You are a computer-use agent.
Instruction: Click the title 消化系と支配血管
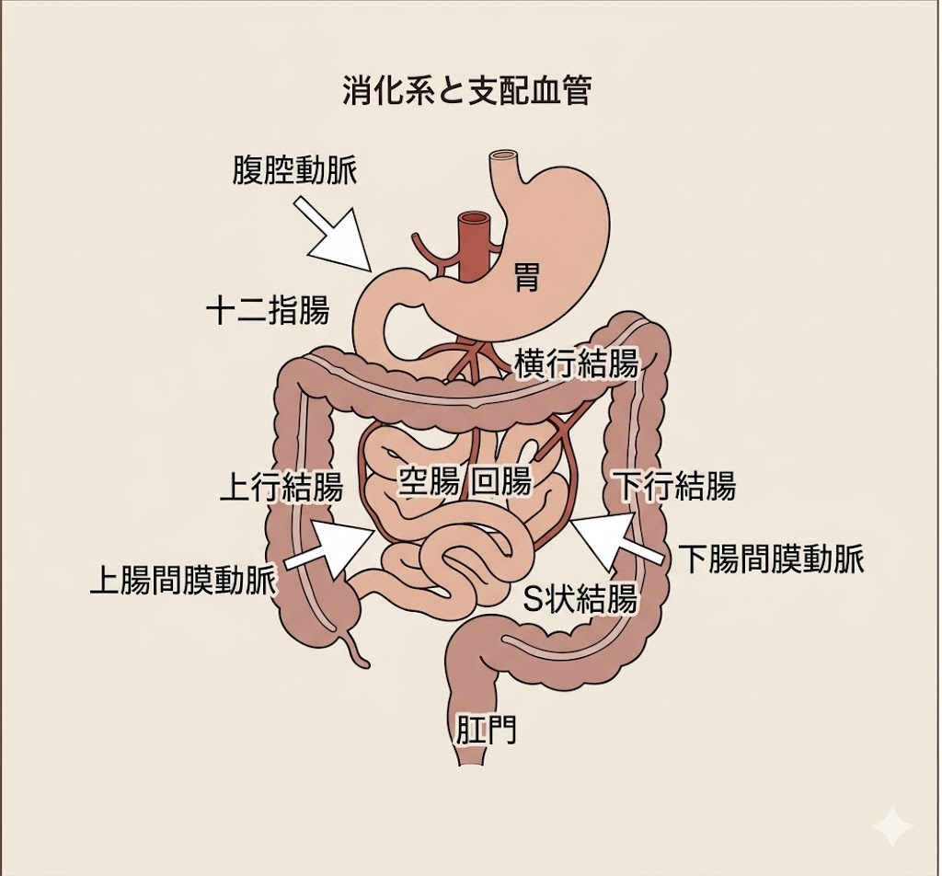465,91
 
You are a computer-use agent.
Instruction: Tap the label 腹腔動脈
293,170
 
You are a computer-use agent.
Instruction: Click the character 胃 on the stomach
526,275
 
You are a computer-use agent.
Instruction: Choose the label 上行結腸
281,487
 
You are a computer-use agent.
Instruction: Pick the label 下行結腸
675,485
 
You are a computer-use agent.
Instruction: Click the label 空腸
428,481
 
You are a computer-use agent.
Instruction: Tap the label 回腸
501,481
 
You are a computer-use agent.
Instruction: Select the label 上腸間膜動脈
183,581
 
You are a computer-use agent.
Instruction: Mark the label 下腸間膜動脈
772,559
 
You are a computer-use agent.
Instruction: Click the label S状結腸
580,599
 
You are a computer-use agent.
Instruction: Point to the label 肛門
486,730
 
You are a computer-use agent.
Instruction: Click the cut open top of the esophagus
507,158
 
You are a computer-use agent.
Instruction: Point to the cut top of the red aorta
475,220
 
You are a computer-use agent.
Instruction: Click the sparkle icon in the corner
892,826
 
